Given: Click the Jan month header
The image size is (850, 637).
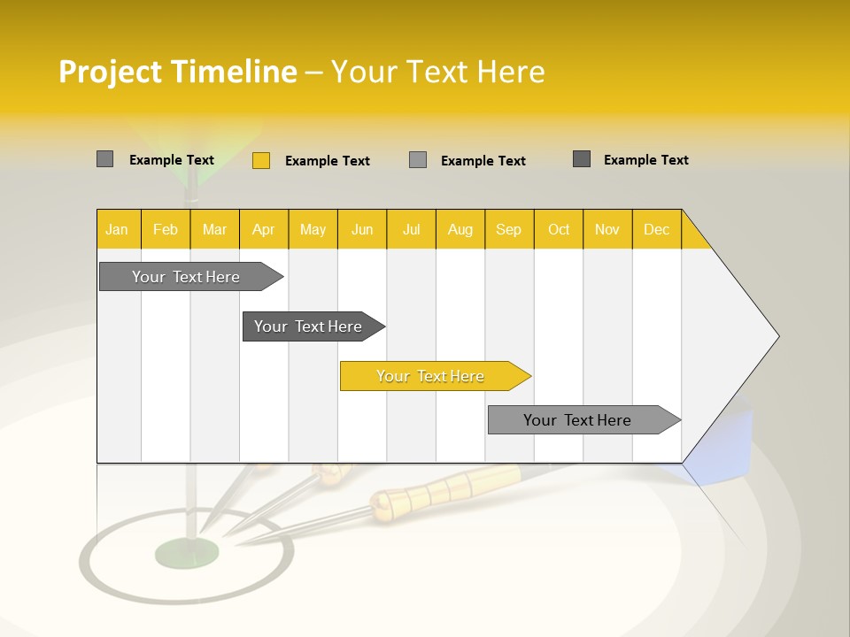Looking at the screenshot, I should coord(118,229).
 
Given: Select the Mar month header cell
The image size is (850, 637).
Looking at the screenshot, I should coord(214,229).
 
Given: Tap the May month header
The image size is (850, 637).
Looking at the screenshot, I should coord(313,229).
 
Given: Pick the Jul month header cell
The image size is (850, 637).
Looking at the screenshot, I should coord(411,229).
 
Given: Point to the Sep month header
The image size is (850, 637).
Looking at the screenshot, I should coord(508,229).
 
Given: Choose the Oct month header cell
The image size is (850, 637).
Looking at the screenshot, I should coord(559,229).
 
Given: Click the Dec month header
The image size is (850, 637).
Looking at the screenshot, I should coord(656,229).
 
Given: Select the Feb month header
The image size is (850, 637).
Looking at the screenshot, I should coord(166,229).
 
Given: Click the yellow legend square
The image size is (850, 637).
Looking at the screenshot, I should coord(260,160).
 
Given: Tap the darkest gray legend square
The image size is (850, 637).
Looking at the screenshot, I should coord(582,159).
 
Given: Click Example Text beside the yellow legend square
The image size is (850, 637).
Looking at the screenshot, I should coord(327,161).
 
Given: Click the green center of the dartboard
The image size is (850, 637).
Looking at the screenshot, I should coord(187,554).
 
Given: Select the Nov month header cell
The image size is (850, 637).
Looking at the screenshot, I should coord(607,229).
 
